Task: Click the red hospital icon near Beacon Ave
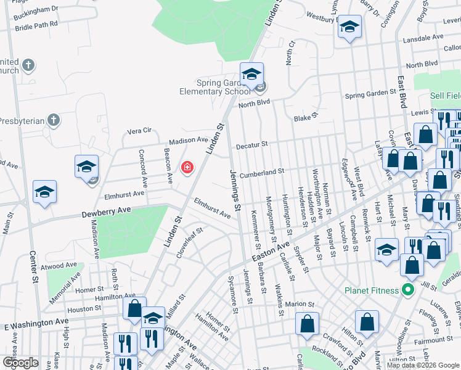(x=186, y=167)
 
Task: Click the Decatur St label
(x=251, y=145)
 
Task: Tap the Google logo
(x=21, y=362)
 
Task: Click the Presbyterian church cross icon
(x=54, y=120)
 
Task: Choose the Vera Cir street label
(x=139, y=131)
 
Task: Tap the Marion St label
(x=300, y=304)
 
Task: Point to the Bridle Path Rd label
(x=36, y=24)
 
